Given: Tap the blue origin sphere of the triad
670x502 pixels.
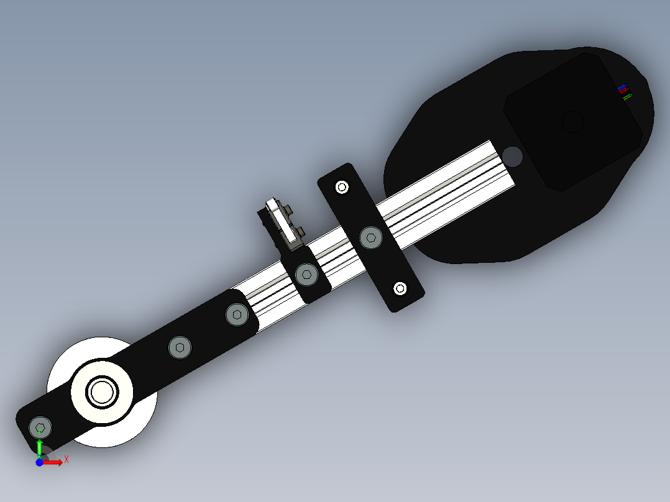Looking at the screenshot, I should point(39,463).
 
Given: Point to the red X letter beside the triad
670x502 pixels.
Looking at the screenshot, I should point(66,459).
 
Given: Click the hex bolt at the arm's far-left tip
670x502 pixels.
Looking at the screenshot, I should point(40,427).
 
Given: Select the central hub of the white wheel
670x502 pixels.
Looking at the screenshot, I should point(103,391).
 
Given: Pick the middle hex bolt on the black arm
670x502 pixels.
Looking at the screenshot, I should point(180,348).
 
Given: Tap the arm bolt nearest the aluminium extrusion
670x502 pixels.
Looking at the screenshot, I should point(237,314).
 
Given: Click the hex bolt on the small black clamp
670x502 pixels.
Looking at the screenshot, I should point(306,273).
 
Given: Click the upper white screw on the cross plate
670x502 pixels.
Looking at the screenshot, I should point(341,186).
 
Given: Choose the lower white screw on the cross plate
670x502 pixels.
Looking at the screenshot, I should point(400,288).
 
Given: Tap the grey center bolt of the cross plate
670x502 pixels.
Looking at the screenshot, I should point(371,237).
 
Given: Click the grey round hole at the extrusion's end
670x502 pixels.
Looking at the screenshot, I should point(513,155).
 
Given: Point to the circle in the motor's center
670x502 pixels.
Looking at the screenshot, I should point(572,121).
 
